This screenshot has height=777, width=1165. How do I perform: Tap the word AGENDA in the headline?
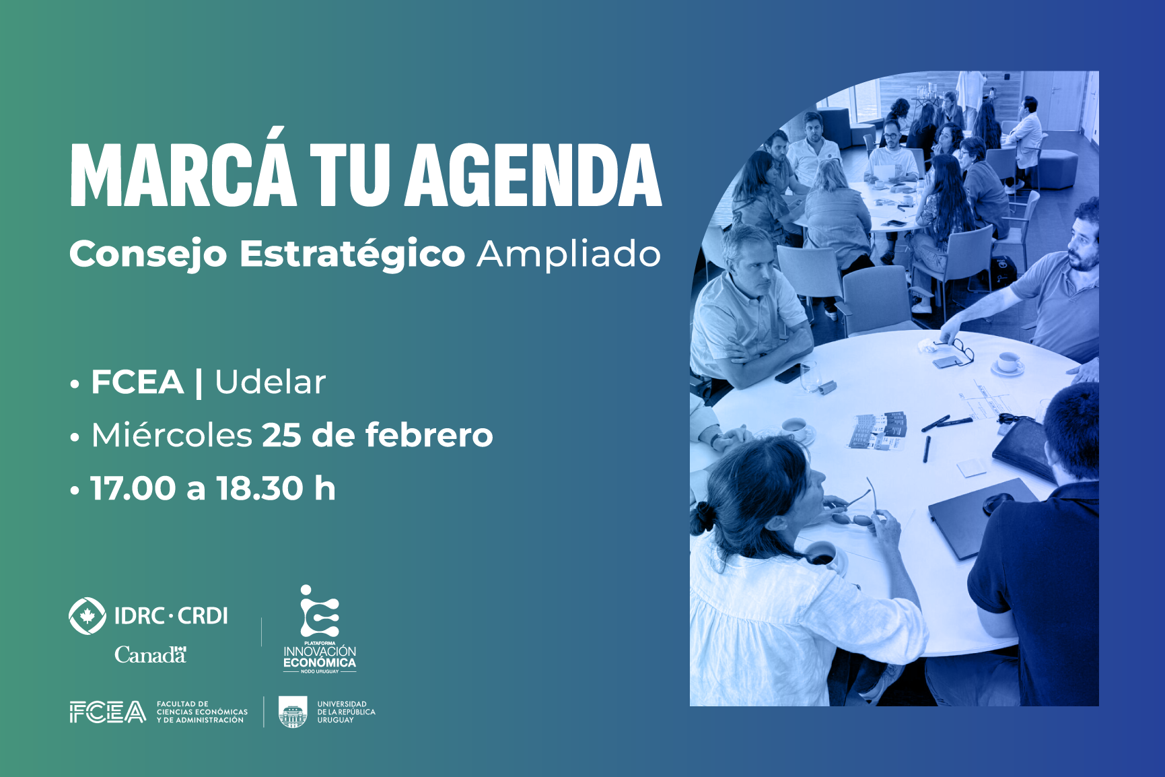(x=534, y=174)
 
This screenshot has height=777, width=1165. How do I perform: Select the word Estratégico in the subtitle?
(x=352, y=255)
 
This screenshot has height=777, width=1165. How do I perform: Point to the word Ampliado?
(x=569, y=255)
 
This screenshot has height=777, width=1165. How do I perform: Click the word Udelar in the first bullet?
(x=271, y=382)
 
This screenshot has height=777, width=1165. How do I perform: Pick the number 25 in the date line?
(x=281, y=435)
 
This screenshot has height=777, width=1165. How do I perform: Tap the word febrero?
(x=429, y=435)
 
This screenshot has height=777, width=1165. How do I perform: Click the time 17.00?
(x=133, y=488)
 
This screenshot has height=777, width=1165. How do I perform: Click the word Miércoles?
(x=172, y=434)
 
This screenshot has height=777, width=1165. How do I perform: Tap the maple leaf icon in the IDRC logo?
(x=87, y=615)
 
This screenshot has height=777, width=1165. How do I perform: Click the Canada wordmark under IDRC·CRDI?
(x=150, y=654)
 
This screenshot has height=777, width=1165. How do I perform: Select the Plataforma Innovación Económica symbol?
(x=320, y=611)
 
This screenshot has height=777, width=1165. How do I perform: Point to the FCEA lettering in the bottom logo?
(x=108, y=712)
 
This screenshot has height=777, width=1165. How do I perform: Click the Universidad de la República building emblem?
(x=293, y=712)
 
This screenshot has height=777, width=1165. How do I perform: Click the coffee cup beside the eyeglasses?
(x=1008, y=363)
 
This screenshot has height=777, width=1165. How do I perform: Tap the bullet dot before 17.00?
(x=75, y=490)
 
